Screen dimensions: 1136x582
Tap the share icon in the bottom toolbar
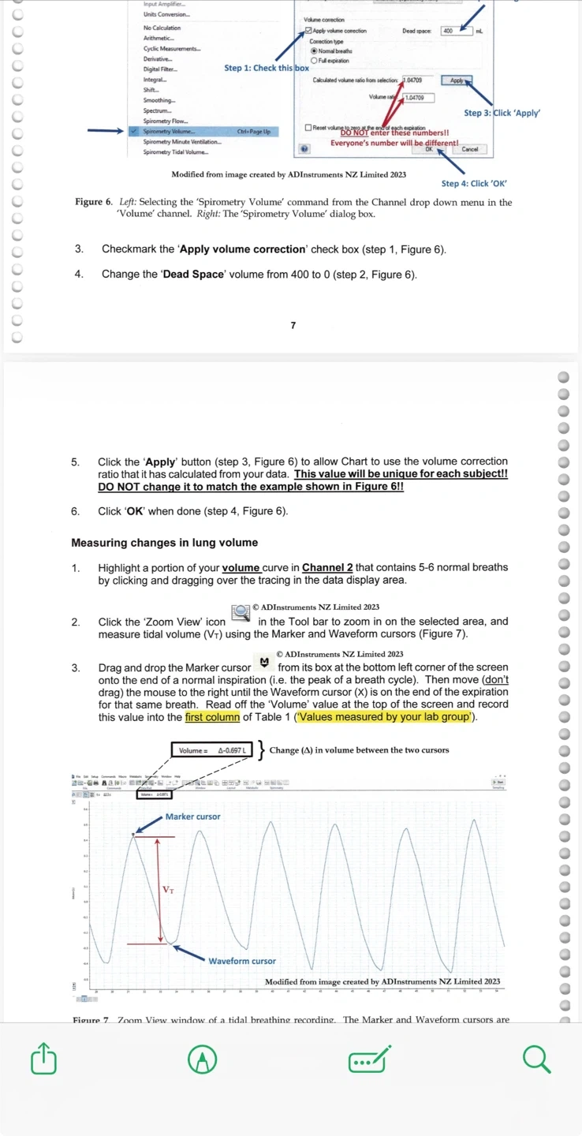click(44, 1059)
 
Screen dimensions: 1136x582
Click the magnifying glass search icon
click(536, 1059)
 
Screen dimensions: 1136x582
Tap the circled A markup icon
click(203, 1059)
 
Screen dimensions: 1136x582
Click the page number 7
click(293, 325)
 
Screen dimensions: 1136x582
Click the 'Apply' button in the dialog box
click(457, 80)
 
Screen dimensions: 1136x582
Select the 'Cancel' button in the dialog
click(470, 149)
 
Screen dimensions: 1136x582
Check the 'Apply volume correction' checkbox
click(308, 31)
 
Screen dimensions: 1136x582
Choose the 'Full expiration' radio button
click(314, 61)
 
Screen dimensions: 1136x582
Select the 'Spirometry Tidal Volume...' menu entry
click(176, 151)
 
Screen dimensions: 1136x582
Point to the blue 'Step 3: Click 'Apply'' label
click(502, 113)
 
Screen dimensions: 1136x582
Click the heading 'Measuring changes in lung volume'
click(165, 543)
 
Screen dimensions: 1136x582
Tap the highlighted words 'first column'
click(213, 717)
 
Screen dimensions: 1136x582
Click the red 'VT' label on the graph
click(168, 890)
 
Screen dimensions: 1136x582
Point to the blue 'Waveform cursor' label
click(242, 961)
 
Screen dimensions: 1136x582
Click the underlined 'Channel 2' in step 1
click(323, 567)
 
